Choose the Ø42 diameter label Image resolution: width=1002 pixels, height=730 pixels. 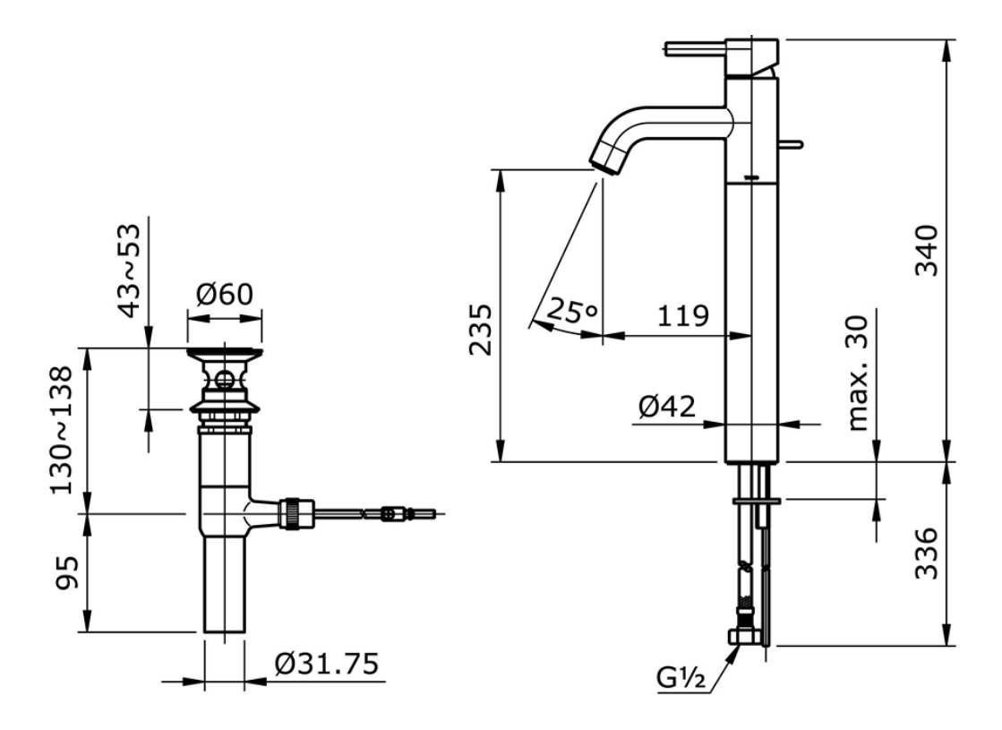pos(667,408)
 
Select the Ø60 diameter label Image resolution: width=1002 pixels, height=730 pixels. pos(225,294)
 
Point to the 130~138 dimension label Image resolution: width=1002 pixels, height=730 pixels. pos(62,430)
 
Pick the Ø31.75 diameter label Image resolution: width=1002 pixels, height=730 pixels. pos(328,665)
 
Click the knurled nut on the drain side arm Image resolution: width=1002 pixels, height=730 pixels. pos(293,514)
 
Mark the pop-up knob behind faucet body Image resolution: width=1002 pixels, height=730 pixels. pos(794,142)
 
